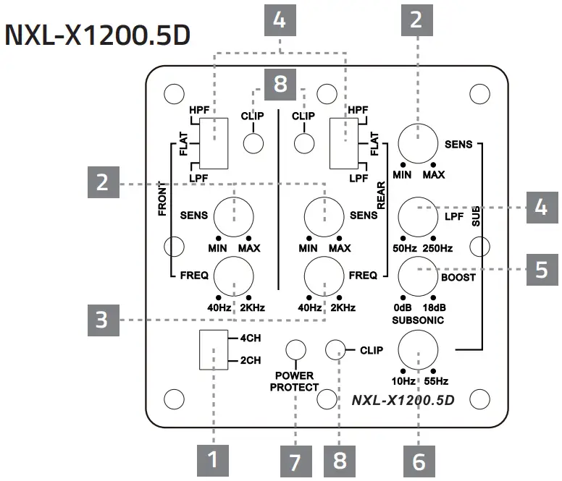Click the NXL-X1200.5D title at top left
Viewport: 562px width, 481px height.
tap(98, 37)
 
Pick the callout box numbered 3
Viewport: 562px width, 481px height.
tap(102, 319)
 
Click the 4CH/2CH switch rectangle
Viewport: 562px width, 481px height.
tap(214, 349)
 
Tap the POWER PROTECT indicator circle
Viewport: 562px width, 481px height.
tap(295, 351)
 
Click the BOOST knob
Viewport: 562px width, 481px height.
tap(419, 276)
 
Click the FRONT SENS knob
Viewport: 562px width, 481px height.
tap(233, 216)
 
